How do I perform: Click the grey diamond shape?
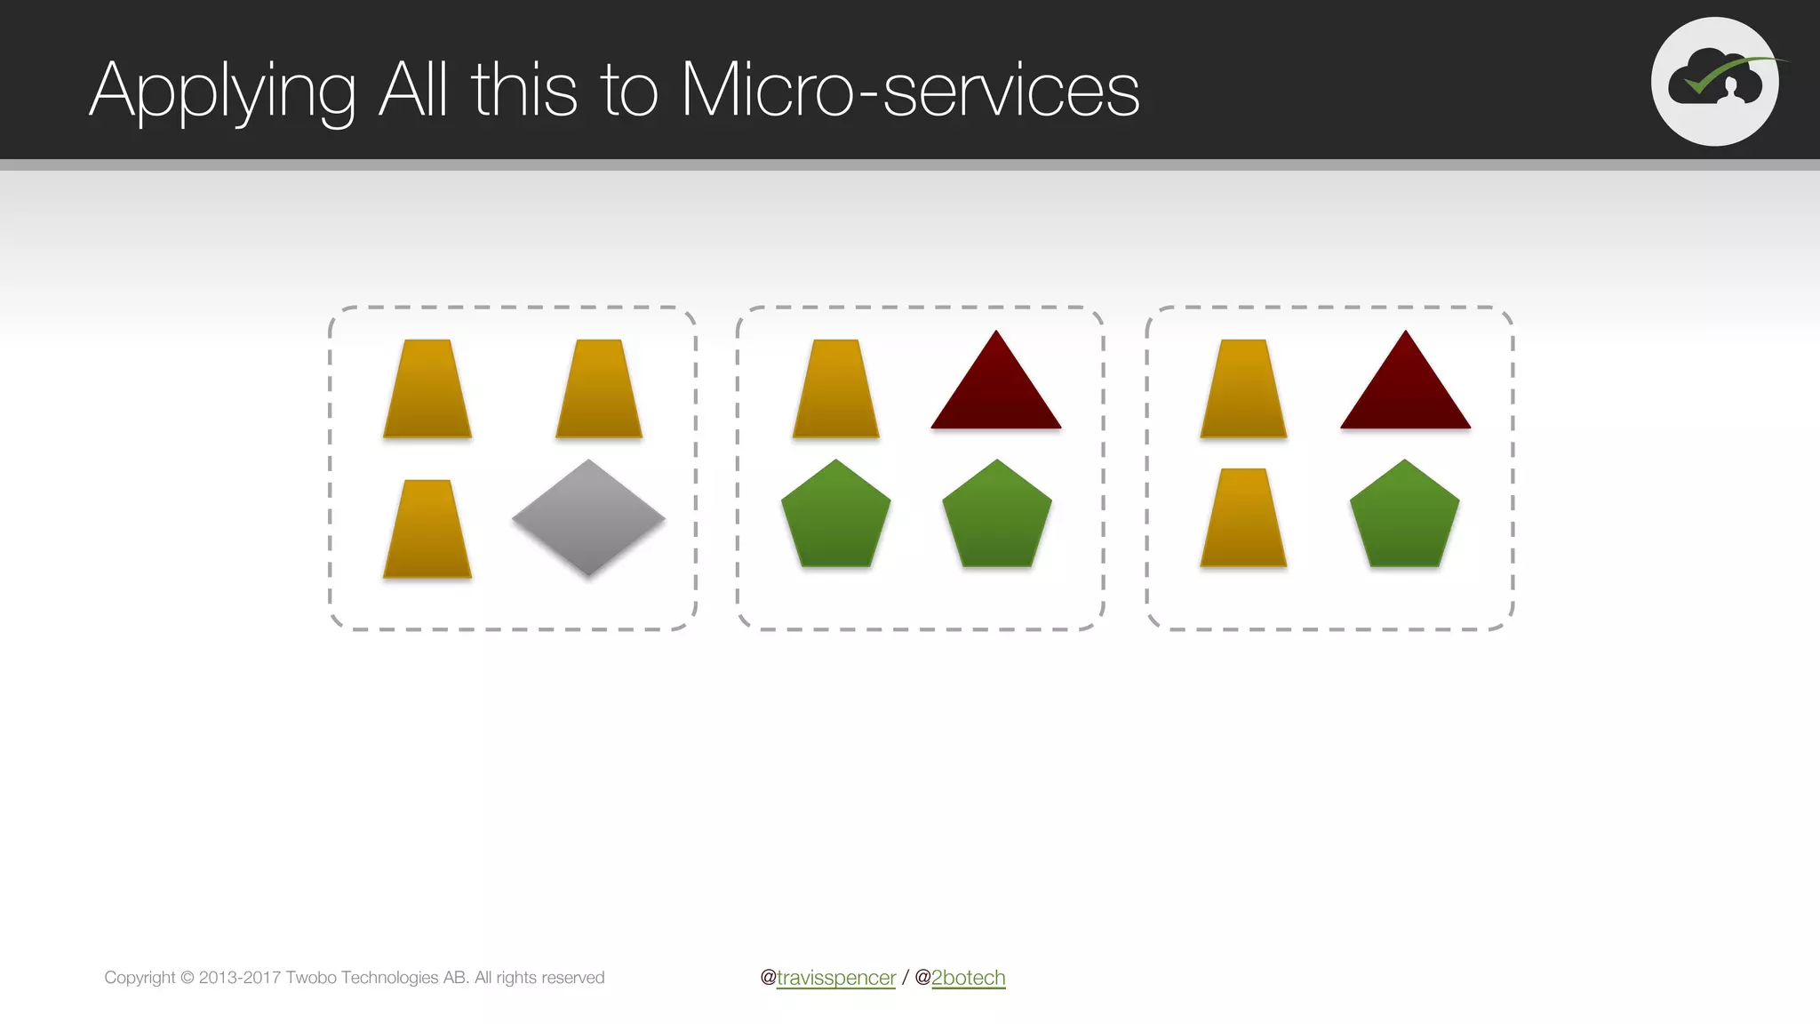588,518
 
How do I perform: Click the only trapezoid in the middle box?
835,389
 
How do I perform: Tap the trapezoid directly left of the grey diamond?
427,530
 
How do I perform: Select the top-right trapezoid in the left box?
599,389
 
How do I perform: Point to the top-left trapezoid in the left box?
427,389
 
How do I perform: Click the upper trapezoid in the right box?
1243,389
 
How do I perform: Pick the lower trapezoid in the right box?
1243,518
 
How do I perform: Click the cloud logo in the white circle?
1714,82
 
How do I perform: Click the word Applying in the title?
222,91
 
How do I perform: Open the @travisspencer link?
835,978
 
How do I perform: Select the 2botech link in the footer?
968,978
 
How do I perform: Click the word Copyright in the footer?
140,978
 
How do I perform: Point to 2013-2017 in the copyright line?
239,978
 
